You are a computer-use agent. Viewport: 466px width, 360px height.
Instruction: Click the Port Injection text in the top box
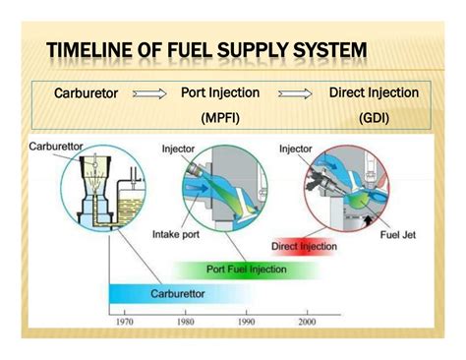coord(220,93)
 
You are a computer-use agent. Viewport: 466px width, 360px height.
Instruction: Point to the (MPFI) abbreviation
coord(223,118)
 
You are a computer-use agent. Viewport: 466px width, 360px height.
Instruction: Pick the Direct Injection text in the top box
coord(374,93)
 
